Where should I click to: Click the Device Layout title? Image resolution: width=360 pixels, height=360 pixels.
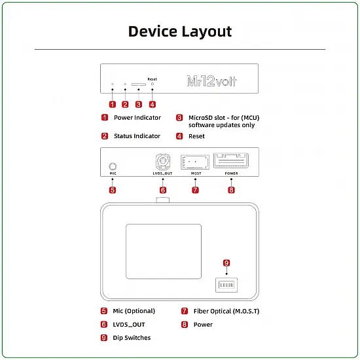(179, 31)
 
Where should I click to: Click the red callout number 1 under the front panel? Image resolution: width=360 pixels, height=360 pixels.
(113, 103)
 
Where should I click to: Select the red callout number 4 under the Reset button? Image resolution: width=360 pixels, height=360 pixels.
(152, 103)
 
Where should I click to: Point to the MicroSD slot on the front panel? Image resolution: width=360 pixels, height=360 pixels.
(138, 84)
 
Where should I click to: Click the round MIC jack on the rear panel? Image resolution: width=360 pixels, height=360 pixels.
(113, 166)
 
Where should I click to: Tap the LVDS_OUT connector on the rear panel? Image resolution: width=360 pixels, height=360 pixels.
(163, 162)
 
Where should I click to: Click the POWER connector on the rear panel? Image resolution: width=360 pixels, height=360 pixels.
(231, 160)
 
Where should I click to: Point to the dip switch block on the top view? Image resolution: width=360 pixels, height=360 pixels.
(226, 285)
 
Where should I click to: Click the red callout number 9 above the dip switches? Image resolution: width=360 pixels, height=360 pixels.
(226, 262)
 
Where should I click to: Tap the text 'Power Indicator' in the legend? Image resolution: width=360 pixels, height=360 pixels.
(137, 118)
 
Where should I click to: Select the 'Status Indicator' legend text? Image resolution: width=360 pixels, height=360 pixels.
(137, 136)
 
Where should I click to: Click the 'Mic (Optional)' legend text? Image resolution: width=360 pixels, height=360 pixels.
(134, 311)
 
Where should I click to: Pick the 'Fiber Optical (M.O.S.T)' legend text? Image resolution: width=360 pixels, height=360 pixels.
(226, 311)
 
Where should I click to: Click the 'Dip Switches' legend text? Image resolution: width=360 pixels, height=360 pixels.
(132, 338)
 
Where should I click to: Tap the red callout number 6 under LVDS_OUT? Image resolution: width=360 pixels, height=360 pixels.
(163, 190)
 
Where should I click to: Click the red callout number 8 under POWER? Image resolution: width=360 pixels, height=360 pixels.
(231, 190)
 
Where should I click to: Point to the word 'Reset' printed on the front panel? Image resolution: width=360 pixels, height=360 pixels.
(152, 78)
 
